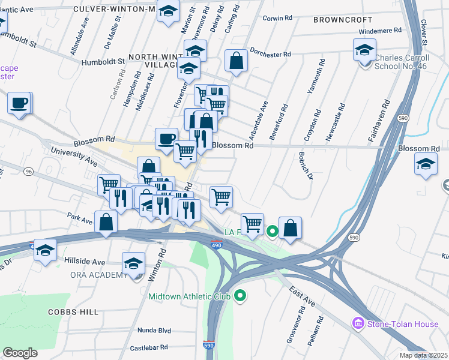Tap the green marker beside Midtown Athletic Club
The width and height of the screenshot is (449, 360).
(241, 295)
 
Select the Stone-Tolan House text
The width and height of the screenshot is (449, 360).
(403, 324)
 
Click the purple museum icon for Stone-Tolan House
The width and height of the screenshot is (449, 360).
(358, 324)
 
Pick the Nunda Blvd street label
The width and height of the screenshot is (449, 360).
(154, 331)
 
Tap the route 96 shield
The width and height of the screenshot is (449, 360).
(28, 172)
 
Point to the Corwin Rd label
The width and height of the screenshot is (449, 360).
(277, 18)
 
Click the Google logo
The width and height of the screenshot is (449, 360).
(20, 353)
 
